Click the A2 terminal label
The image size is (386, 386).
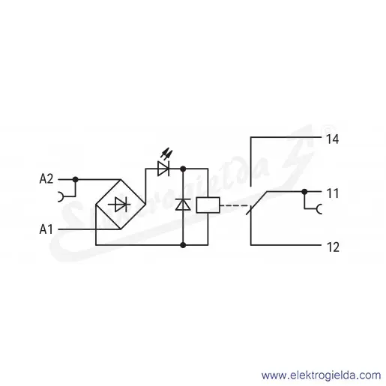(46, 179)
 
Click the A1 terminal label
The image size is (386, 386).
(46, 229)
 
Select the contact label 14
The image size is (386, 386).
(333, 139)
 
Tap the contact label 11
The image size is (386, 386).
(333, 193)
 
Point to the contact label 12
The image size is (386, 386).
(333, 247)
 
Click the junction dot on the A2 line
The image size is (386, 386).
(75, 179)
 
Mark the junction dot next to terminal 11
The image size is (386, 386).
(304, 192)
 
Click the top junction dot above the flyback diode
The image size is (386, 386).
(183, 169)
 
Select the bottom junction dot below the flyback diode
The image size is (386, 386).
(183, 245)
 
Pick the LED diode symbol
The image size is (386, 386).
(163, 169)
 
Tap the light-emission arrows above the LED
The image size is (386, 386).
(166, 154)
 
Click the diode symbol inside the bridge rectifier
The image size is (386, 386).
(120, 205)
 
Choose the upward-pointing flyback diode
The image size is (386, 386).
(183, 205)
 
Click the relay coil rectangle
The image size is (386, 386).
(208, 205)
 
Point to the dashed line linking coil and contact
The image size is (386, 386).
(235, 205)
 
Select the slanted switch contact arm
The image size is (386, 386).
(256, 203)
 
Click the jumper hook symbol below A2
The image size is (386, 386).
(61, 196)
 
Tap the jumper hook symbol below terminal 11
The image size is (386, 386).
(319, 209)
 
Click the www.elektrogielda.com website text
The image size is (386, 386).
(322, 376)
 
